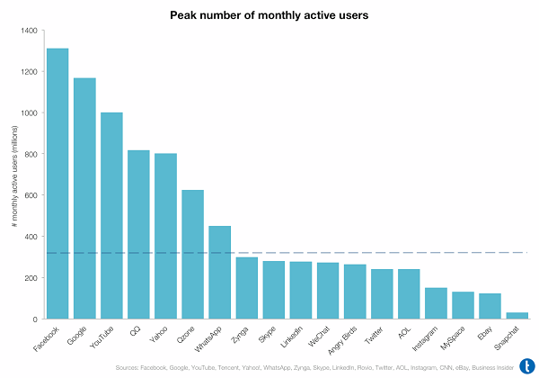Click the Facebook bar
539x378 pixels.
pyautogui.click(x=57, y=184)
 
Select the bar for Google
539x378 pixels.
pyautogui.click(x=84, y=198)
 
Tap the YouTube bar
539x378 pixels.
pyautogui.click(x=111, y=216)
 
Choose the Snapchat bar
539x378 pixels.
pyautogui.click(x=517, y=315)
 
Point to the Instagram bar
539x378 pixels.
pyautogui.click(x=436, y=303)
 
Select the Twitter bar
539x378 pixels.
pyautogui.click(x=382, y=293)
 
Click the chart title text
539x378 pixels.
pyautogui.click(x=269, y=15)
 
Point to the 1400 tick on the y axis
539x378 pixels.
pyautogui.click(x=27, y=31)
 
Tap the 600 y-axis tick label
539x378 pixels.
pyautogui.click(x=30, y=195)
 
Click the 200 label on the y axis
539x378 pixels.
pyautogui.click(x=30, y=278)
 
